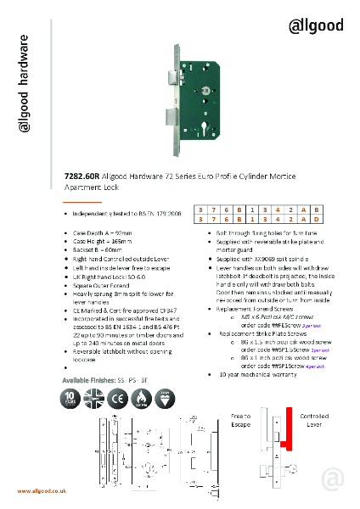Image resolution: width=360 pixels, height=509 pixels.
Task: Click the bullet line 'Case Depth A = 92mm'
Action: [103, 232]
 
